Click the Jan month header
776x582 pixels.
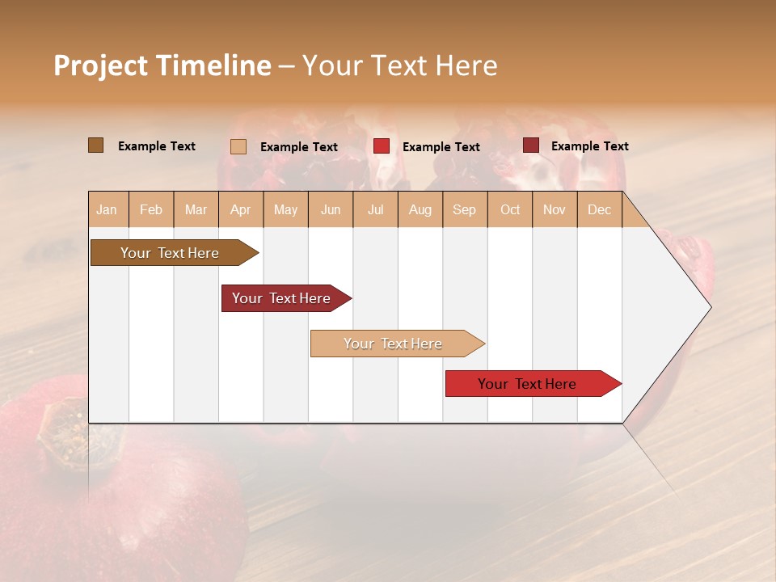click(108, 209)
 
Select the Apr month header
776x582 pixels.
click(241, 209)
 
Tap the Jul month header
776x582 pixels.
click(375, 209)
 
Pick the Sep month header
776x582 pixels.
click(464, 209)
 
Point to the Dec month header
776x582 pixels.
click(599, 209)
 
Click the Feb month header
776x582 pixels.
click(151, 209)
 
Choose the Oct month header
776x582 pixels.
click(510, 209)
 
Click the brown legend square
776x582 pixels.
click(96, 145)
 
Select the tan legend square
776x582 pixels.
click(238, 146)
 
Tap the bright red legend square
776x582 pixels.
click(382, 146)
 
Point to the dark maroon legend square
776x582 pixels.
click(530, 145)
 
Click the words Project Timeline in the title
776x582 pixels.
click(162, 65)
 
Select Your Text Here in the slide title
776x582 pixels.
click(399, 65)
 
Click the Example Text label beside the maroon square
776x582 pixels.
click(589, 146)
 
